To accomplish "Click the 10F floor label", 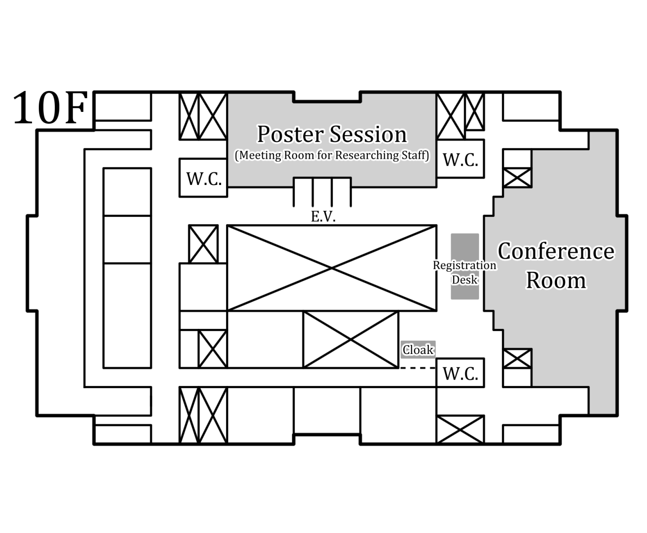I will (50, 108).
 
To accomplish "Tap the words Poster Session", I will (332, 134).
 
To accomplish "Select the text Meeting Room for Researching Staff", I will (332, 155).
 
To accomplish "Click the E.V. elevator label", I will (323, 216).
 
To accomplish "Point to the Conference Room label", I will (556, 265).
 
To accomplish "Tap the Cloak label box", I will (418, 350).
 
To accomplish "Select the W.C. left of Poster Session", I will (204, 178).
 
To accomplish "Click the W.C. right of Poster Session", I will (460, 159).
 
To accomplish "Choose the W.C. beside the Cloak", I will (460, 373).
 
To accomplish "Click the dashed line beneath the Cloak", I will (418, 368).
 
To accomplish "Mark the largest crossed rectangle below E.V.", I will (332, 268).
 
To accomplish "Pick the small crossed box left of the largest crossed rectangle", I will (203, 244).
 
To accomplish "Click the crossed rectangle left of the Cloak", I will (351, 339).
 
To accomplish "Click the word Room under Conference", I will (556, 280).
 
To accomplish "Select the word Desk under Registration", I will (465, 280).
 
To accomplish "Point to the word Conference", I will (556, 251).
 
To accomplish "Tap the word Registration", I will (465, 265).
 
